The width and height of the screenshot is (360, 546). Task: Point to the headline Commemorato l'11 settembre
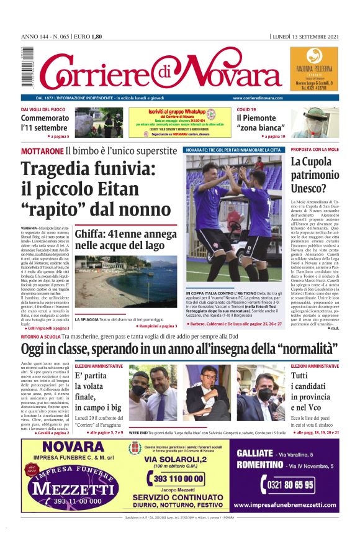coord(45,123)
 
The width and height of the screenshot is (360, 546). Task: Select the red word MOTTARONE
coord(42,151)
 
